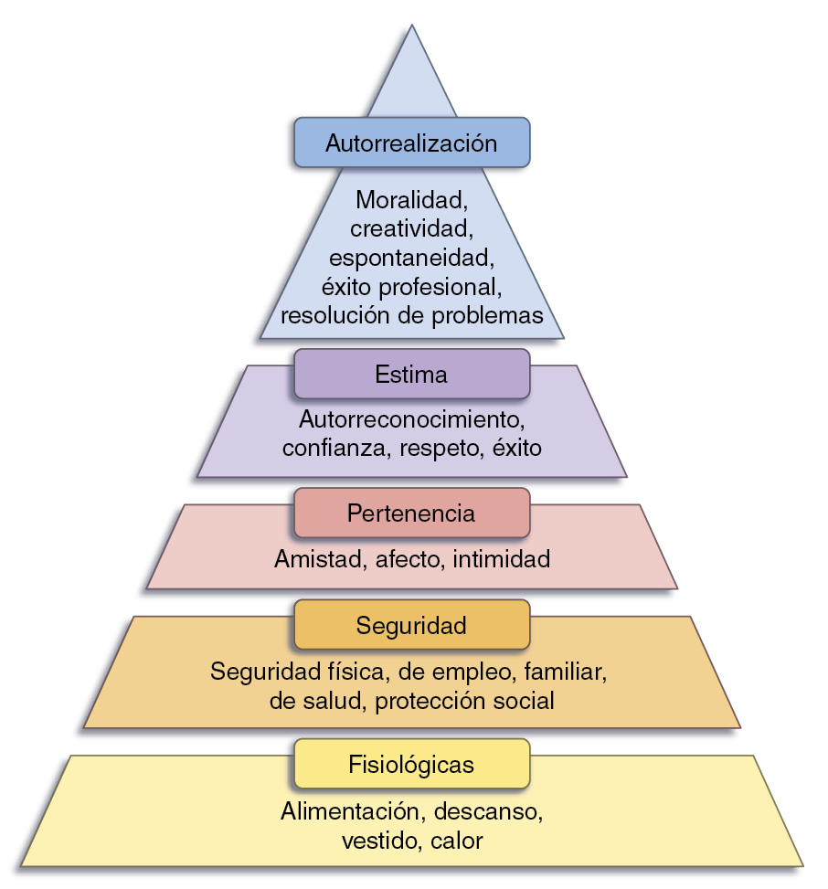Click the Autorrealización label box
point(411,143)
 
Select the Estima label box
point(411,375)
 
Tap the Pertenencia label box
point(411,513)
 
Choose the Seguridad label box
point(411,625)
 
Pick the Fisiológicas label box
point(411,764)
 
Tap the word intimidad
point(502,559)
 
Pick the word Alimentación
point(350,810)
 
